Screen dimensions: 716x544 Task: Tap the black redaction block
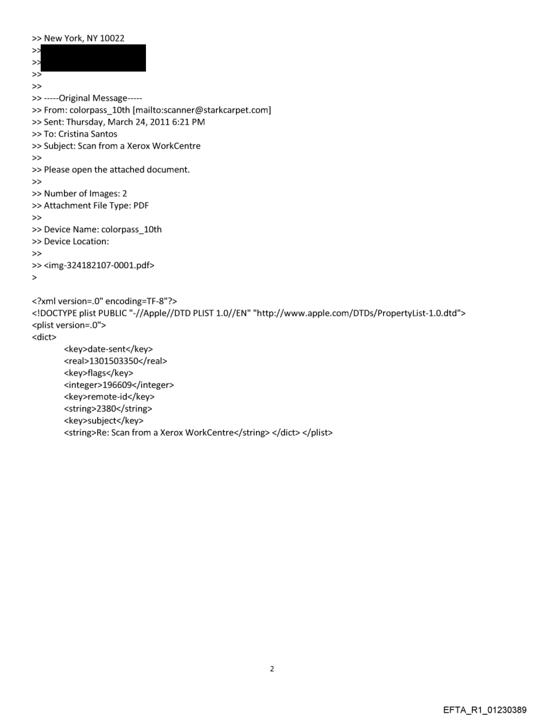click(93, 58)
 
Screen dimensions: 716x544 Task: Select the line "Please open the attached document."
click(117, 169)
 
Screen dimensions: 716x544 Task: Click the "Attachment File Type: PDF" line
click(96, 206)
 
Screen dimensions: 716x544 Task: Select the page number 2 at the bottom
click(272, 669)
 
